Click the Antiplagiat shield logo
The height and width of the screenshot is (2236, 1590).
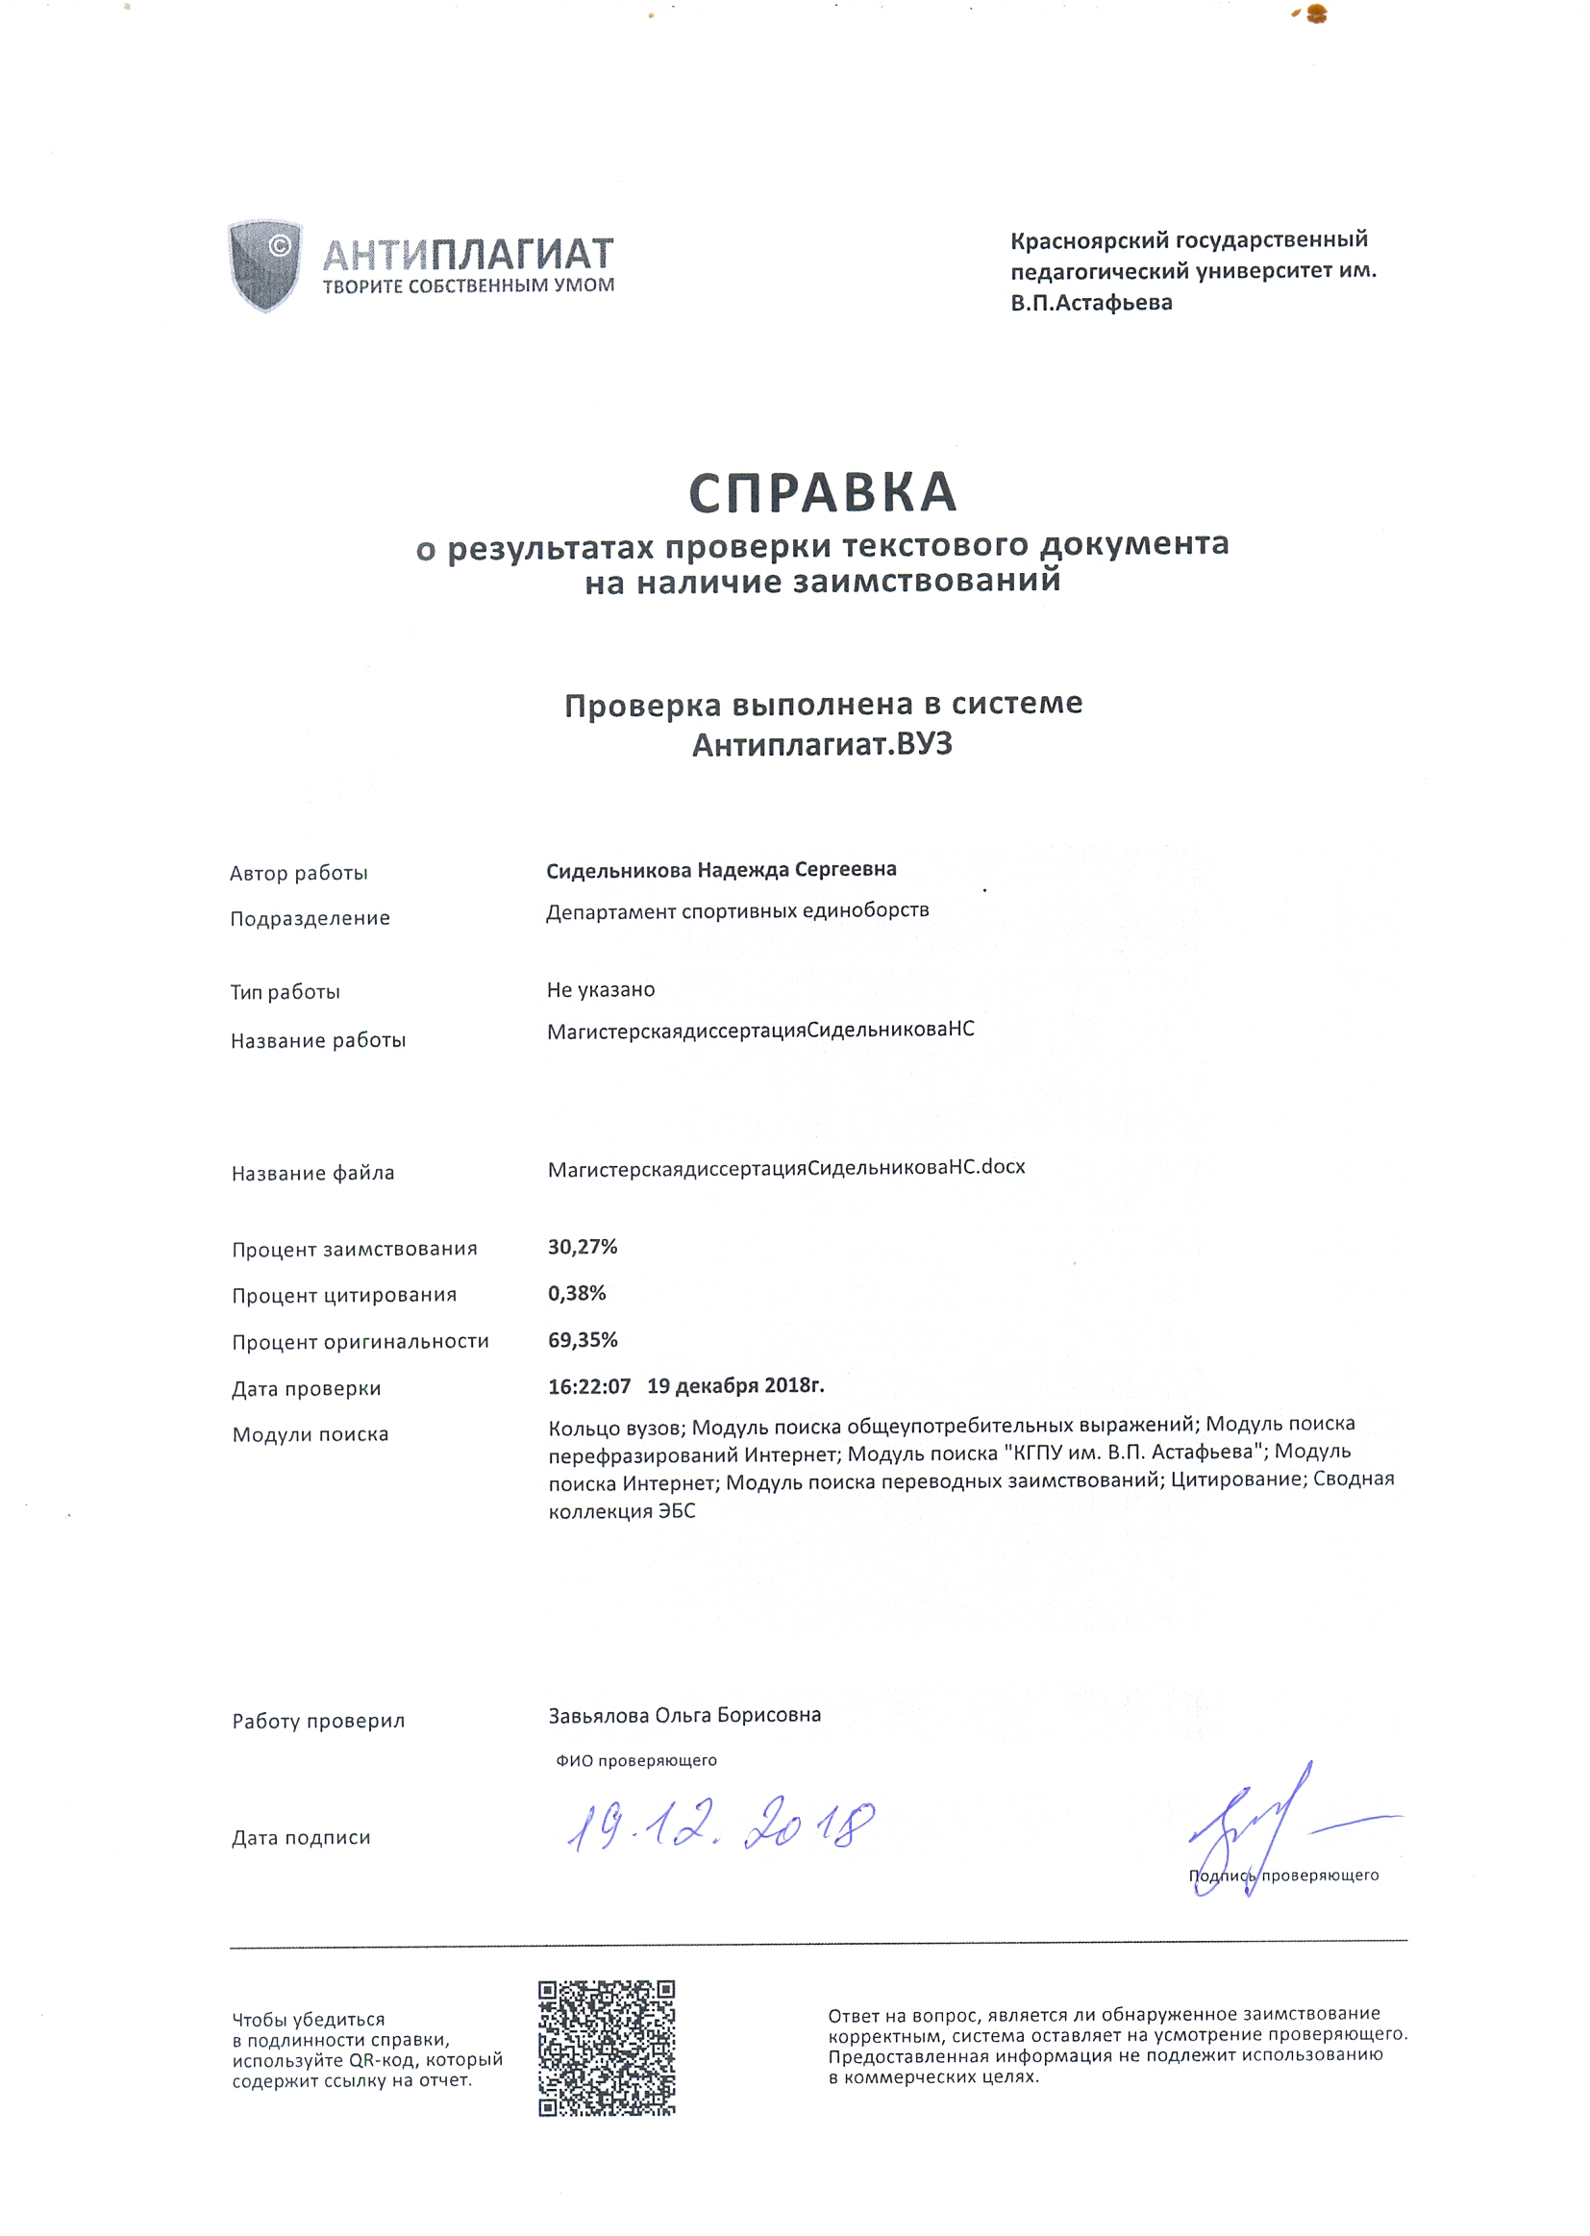[264, 265]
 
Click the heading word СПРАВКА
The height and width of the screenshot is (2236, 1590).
[823, 492]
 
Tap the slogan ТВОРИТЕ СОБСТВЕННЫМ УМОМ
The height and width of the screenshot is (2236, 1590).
[468, 286]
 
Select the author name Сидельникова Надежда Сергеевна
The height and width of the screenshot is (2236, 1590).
[721, 869]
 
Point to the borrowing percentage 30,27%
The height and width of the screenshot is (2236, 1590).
[583, 1246]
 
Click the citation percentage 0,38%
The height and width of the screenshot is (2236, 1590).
[577, 1293]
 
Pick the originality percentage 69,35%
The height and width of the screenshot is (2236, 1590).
[583, 1339]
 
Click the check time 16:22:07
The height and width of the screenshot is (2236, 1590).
[589, 1385]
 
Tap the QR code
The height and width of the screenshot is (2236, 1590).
[606, 2048]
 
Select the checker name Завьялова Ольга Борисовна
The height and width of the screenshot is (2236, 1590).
[684, 1714]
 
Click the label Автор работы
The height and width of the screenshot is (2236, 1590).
[299, 873]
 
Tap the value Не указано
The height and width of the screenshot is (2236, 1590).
[600, 990]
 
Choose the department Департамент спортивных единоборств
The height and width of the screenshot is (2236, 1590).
[737, 911]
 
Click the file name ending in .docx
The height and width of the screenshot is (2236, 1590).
[786, 1167]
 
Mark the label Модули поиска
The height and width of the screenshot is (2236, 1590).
[311, 1434]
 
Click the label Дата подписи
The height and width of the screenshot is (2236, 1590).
[301, 1838]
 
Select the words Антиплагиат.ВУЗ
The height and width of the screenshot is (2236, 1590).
[823, 745]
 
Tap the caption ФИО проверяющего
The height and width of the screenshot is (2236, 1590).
[636, 1760]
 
